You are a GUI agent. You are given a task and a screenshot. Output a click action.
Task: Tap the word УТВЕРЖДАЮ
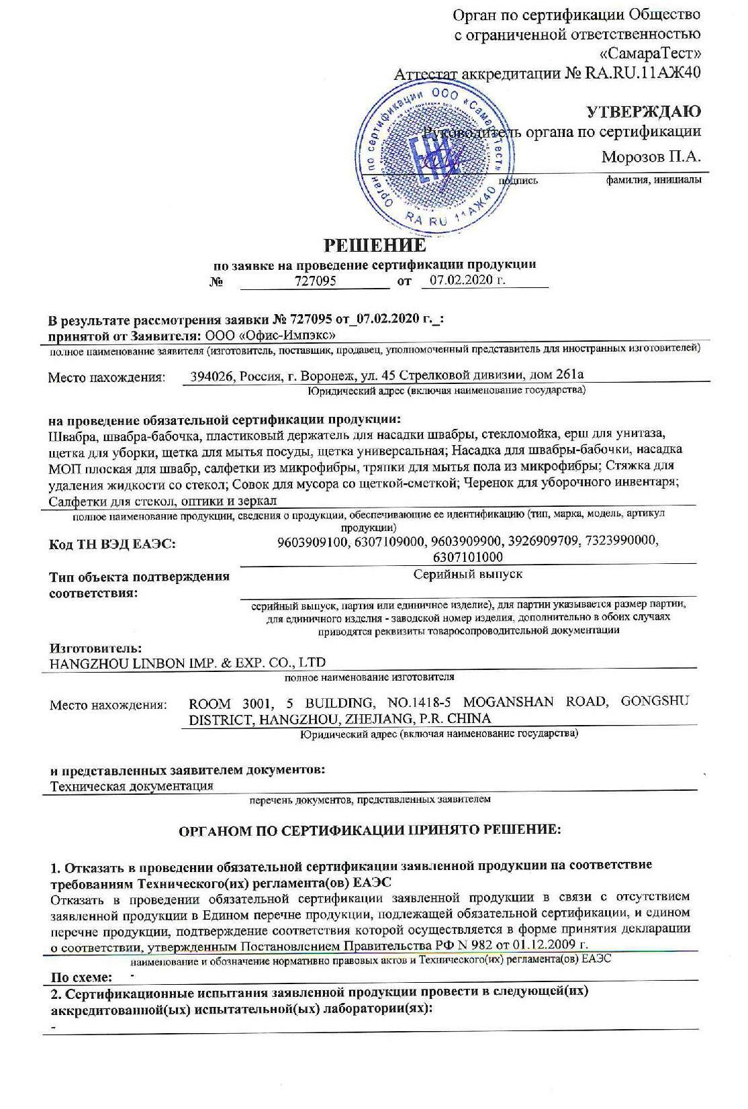(x=644, y=111)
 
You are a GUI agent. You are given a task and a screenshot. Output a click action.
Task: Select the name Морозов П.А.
(x=651, y=157)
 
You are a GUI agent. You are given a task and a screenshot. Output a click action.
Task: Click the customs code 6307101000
(x=468, y=557)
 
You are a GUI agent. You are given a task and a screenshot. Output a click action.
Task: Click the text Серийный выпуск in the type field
(x=468, y=575)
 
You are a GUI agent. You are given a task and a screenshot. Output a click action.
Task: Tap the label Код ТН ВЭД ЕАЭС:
(x=112, y=544)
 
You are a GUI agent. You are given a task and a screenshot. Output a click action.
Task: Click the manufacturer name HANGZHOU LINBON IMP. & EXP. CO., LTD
(x=187, y=663)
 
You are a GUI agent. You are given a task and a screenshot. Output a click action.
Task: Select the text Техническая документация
(x=132, y=786)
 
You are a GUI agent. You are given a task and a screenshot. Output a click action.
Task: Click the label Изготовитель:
(x=96, y=648)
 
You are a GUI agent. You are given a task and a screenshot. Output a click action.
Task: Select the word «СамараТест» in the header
(x=649, y=52)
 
